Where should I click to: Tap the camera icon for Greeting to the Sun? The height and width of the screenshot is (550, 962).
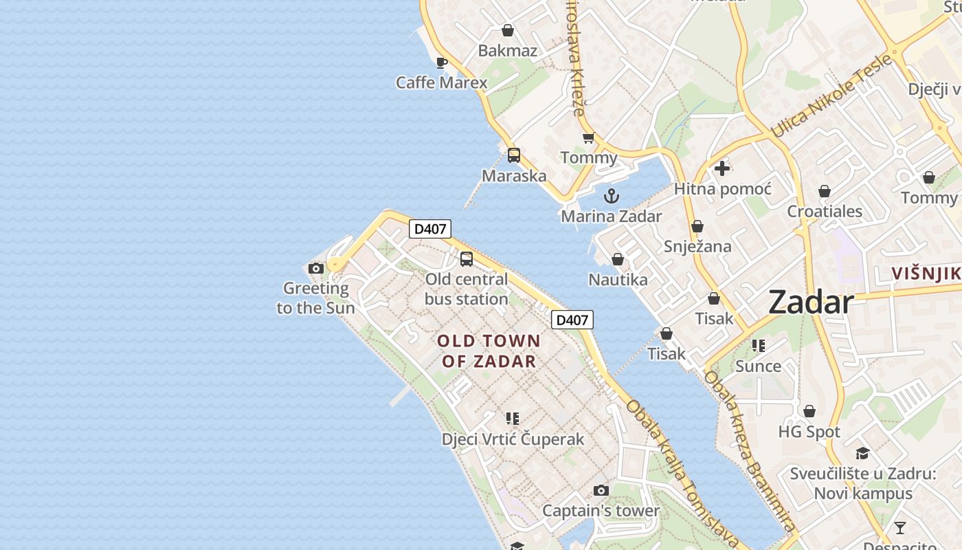click(316, 268)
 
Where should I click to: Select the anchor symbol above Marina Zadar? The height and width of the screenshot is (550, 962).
click(611, 197)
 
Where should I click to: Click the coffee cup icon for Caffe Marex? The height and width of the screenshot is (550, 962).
click(442, 63)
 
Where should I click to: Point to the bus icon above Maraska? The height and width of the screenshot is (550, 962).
click(514, 155)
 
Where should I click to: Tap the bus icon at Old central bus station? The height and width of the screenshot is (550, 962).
click(467, 259)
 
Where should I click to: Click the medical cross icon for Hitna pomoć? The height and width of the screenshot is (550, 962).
click(721, 168)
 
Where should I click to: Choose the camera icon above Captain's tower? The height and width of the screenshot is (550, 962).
click(601, 490)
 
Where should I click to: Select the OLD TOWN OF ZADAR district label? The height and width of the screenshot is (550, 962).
click(489, 351)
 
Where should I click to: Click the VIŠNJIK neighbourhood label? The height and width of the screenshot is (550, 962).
click(926, 274)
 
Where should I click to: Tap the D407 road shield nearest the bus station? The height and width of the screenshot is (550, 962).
click(430, 229)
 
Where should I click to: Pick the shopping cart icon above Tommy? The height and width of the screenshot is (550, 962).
click(588, 138)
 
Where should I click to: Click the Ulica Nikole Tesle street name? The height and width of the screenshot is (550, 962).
click(831, 96)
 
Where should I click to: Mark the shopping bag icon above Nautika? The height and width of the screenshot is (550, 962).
click(618, 259)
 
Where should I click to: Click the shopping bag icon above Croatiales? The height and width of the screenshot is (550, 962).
click(824, 191)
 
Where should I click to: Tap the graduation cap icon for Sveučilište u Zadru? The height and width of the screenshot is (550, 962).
click(862, 453)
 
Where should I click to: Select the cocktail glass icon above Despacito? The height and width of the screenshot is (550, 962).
click(899, 528)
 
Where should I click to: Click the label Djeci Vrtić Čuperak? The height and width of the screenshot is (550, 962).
click(513, 439)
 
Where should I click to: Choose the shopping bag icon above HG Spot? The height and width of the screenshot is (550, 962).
click(809, 411)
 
